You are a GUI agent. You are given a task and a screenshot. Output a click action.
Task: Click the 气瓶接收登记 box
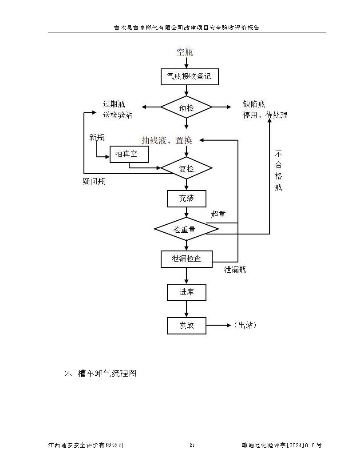(189, 76)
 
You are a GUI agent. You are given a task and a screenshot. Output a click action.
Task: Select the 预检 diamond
(186, 107)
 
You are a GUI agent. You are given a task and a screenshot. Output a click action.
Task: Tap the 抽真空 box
(129, 154)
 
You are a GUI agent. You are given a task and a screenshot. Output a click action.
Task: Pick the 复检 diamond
(186, 168)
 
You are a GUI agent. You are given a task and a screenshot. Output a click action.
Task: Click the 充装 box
(186, 199)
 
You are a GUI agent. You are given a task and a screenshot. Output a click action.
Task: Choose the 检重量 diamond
(186, 229)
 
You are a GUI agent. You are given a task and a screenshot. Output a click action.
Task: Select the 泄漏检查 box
(186, 259)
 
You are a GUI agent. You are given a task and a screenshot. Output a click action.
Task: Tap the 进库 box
(186, 292)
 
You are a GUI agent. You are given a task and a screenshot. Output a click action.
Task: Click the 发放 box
(186, 325)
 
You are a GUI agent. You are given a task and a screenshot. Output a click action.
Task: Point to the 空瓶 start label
(185, 52)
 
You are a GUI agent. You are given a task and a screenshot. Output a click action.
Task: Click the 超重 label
(218, 214)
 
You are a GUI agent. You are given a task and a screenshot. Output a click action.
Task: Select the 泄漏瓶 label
(235, 270)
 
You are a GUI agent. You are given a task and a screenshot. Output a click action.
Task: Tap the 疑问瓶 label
(94, 181)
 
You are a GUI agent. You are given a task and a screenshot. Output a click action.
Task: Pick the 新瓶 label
(97, 137)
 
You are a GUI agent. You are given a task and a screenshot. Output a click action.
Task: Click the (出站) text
(245, 325)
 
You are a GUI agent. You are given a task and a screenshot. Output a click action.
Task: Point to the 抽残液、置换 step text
(167, 140)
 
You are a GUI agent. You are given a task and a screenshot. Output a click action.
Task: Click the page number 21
(192, 445)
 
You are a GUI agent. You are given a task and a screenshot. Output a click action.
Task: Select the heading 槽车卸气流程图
(107, 374)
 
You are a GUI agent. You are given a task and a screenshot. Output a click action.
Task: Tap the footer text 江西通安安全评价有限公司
(86, 445)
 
